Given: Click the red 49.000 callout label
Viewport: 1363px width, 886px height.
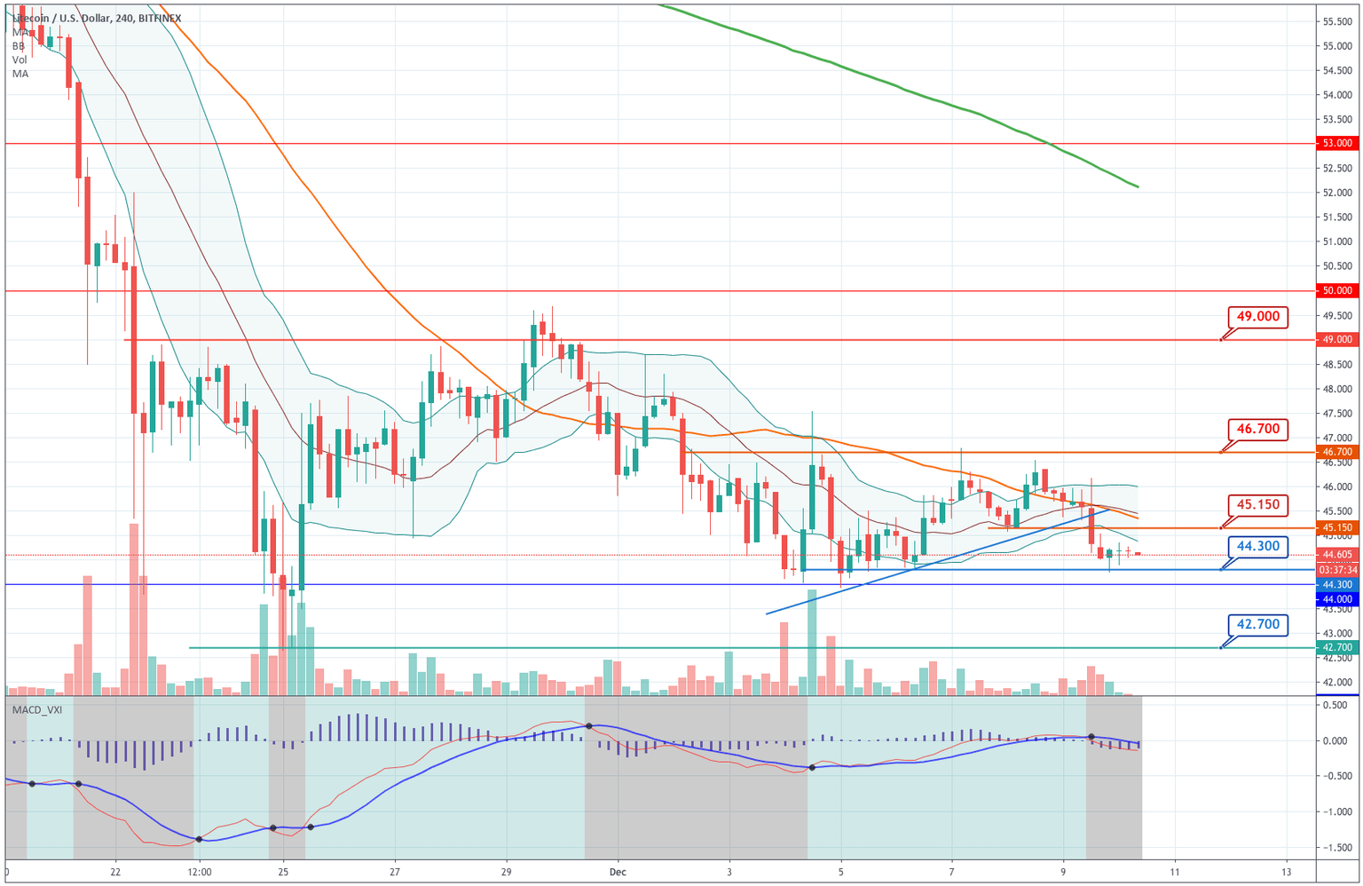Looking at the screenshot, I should [x=1257, y=317].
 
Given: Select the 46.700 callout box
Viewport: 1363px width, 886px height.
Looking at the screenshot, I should [x=1257, y=430].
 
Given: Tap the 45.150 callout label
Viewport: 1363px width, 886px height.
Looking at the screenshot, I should [x=1257, y=505].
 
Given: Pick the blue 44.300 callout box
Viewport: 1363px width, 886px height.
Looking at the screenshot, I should [x=1257, y=547].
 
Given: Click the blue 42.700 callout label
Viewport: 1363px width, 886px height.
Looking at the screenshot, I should [x=1257, y=625].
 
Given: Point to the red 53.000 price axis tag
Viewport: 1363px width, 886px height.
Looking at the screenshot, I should [x=1337, y=143].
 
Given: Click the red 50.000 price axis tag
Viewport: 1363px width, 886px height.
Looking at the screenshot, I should [x=1337, y=290].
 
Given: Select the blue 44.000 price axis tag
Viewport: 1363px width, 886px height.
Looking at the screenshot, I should [x=1337, y=599].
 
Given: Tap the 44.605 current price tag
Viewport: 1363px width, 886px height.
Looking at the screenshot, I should [x=1337, y=555].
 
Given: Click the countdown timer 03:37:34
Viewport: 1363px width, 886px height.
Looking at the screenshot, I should [x=1337, y=570].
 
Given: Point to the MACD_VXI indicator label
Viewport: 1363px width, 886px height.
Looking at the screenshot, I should [x=36, y=709].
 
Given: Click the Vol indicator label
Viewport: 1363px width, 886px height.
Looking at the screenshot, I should [x=20, y=59].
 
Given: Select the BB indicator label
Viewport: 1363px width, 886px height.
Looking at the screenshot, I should [x=19, y=46].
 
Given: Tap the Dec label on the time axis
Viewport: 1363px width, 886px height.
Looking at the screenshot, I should [x=618, y=872].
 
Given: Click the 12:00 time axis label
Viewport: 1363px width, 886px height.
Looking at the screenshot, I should [x=199, y=872].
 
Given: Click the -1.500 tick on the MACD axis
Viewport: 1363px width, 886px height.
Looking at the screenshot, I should [x=1335, y=848].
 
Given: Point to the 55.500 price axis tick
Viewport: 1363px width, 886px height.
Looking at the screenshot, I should [x=1336, y=21].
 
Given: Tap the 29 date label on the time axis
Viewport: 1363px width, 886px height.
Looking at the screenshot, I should [x=506, y=872].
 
